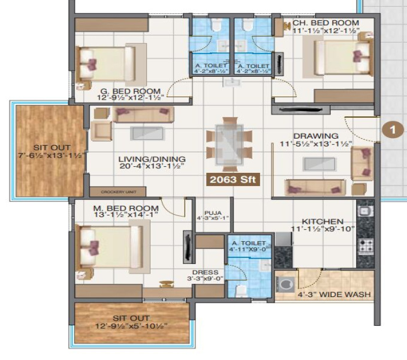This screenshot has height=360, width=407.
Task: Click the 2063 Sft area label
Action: [233, 179]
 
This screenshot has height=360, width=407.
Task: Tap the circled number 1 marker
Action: [392, 128]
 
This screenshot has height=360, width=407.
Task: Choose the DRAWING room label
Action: [315, 136]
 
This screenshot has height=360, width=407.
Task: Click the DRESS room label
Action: [197, 271]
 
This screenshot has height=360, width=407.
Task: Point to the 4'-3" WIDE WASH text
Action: [334, 295]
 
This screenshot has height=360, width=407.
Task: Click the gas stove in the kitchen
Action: [365, 245]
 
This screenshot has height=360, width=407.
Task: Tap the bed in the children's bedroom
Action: [342, 58]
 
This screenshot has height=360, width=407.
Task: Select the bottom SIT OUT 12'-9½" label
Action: [131, 322]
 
